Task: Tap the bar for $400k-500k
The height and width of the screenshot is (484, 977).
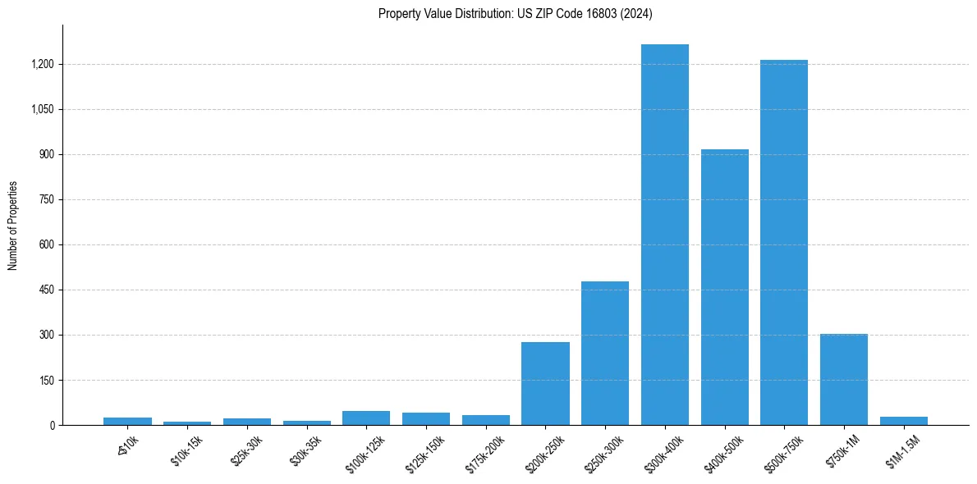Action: (725, 287)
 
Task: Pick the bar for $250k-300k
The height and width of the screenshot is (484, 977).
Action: (605, 353)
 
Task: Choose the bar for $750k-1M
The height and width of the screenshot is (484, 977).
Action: (844, 379)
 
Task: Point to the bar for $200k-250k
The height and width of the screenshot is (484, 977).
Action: (545, 383)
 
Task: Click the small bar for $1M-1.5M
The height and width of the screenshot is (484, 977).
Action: (904, 421)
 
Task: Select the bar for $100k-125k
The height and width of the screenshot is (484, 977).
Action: (366, 418)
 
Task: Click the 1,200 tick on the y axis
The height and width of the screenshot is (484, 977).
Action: (42, 64)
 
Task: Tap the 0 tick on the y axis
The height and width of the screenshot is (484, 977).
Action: (52, 425)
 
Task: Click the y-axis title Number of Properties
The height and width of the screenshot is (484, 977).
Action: (13, 226)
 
